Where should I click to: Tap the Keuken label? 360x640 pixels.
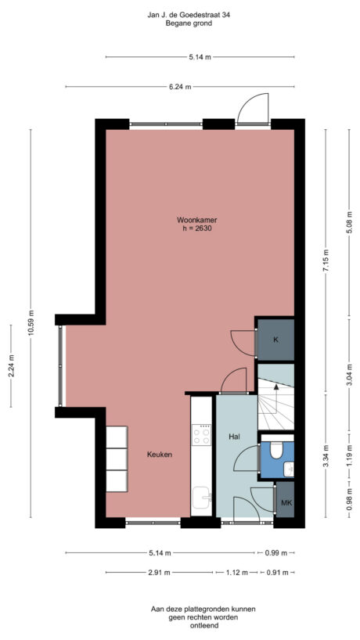pyautogui.click(x=160, y=455)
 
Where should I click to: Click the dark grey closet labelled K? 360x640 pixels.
pyautogui.click(x=275, y=340)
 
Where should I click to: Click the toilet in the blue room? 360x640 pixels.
pyautogui.click(x=275, y=451)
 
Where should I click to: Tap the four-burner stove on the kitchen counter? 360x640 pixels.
pyautogui.click(x=202, y=434)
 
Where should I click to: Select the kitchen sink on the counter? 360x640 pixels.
pyautogui.click(x=202, y=496)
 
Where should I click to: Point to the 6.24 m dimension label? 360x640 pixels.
pyautogui.click(x=180, y=87)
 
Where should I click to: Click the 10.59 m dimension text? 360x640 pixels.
pyautogui.click(x=31, y=320)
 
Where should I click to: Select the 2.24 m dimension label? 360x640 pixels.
pyautogui.click(x=11, y=364)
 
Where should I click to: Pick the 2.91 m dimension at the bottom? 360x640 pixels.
pyautogui.click(x=160, y=573)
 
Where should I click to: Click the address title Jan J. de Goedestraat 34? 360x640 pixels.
pyautogui.click(x=180, y=15)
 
